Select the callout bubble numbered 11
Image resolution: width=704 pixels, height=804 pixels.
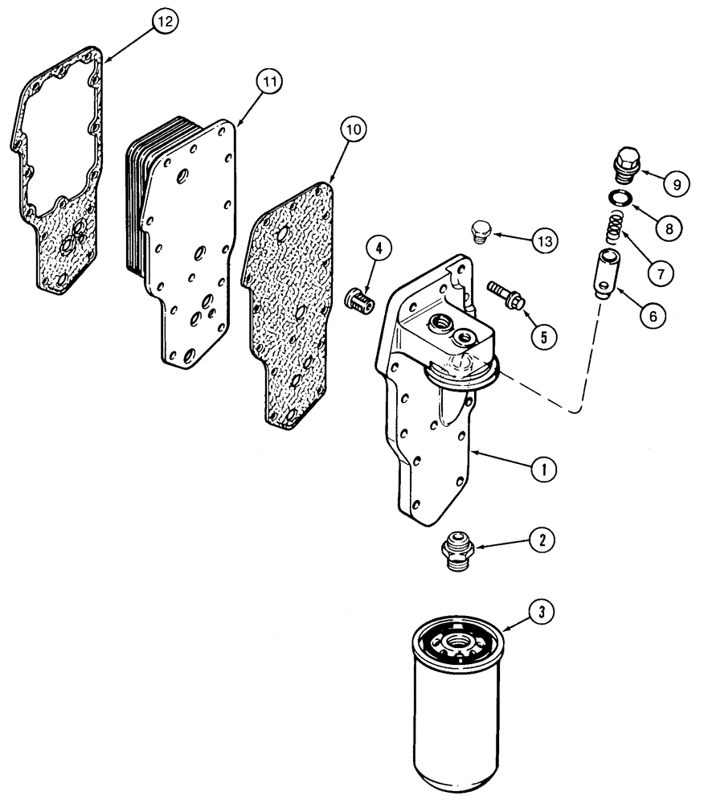coord(268,80)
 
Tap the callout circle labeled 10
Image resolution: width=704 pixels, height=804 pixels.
coord(355,128)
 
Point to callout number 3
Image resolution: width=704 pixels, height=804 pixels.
coord(542,613)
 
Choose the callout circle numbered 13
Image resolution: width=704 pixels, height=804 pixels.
coord(545,241)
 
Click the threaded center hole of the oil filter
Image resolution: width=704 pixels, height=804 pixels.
coord(456,641)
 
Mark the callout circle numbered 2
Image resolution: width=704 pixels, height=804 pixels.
coord(543,541)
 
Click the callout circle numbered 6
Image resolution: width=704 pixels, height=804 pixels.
coord(652,315)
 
